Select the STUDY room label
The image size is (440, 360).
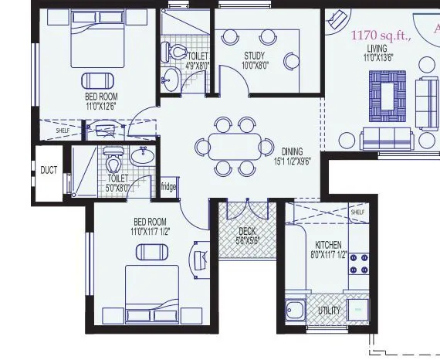255,56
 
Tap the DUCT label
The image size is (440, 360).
49,170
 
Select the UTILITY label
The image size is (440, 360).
329,310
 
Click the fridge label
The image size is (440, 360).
168,186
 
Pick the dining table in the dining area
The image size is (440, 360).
235,145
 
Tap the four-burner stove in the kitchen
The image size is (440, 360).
359,264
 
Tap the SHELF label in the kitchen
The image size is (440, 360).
357,212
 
